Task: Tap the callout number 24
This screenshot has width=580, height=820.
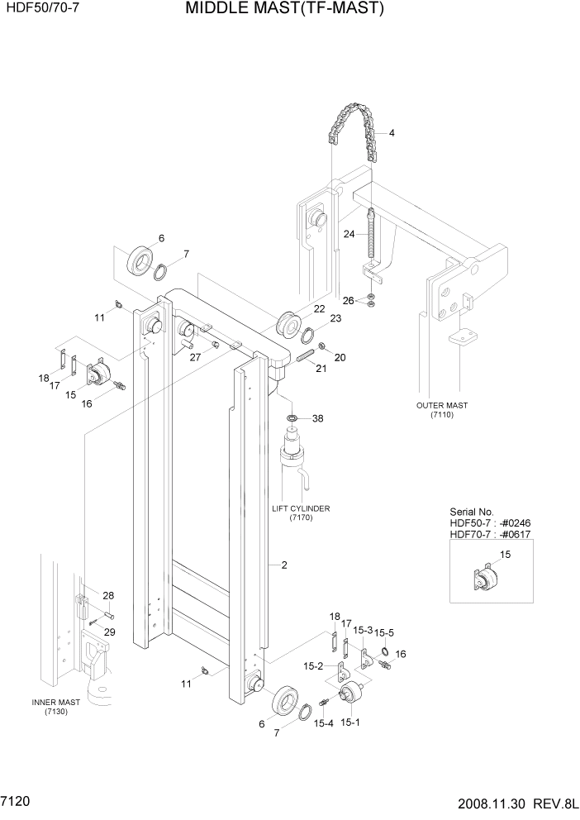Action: point(349,234)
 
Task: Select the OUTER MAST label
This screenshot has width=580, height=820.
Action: point(442,405)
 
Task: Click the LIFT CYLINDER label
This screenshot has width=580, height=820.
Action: point(300,509)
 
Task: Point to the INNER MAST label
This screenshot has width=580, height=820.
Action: point(56,702)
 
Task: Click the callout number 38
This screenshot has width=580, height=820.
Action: point(317,418)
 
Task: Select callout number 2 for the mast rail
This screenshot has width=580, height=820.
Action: point(283,565)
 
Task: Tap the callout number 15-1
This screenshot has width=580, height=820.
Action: point(349,722)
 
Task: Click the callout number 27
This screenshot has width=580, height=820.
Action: point(195,357)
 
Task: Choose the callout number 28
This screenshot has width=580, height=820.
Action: point(108,595)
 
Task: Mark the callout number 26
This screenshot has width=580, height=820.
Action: point(348,300)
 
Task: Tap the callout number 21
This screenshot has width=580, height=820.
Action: point(321,368)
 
